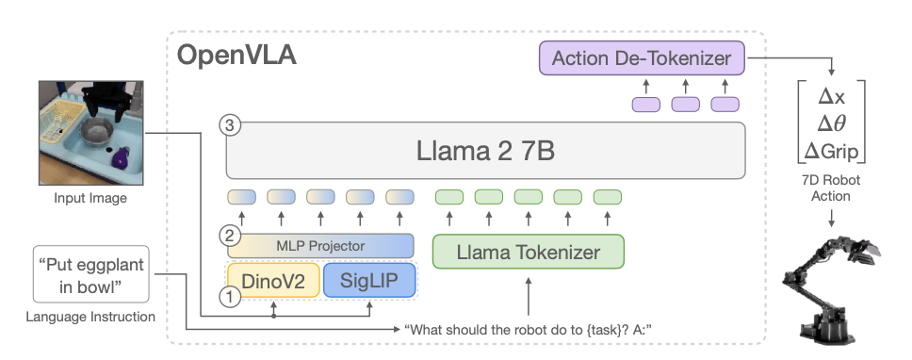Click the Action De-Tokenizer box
642,58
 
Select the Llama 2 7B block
485,150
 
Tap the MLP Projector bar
320,245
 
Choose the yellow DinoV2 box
273,280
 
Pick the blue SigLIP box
369,280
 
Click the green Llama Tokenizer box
529,252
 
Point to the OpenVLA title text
236,56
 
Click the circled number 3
230,125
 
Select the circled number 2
230,237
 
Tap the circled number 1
230,297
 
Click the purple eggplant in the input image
121,157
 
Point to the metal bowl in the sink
99,131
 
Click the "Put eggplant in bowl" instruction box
90,274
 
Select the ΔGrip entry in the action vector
831,151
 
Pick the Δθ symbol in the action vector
831,123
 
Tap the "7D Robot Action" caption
831,188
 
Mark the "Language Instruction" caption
90,317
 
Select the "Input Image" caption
90,198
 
